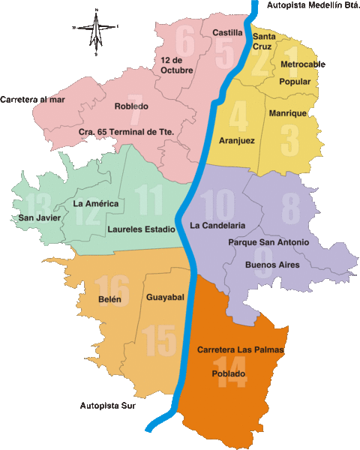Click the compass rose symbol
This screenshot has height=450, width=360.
(96, 31)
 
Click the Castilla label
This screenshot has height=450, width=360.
(227, 33)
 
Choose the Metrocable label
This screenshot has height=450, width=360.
(303, 64)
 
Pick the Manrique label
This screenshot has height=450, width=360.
(286, 113)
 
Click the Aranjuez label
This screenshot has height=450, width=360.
(237, 140)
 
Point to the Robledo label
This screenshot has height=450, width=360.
(131, 106)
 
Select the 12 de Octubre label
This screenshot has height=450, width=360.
(176, 64)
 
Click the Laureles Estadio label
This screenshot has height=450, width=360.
(141, 229)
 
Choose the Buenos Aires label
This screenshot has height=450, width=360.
(272, 265)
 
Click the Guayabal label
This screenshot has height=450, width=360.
(165, 298)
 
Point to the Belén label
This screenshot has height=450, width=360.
(109, 298)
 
